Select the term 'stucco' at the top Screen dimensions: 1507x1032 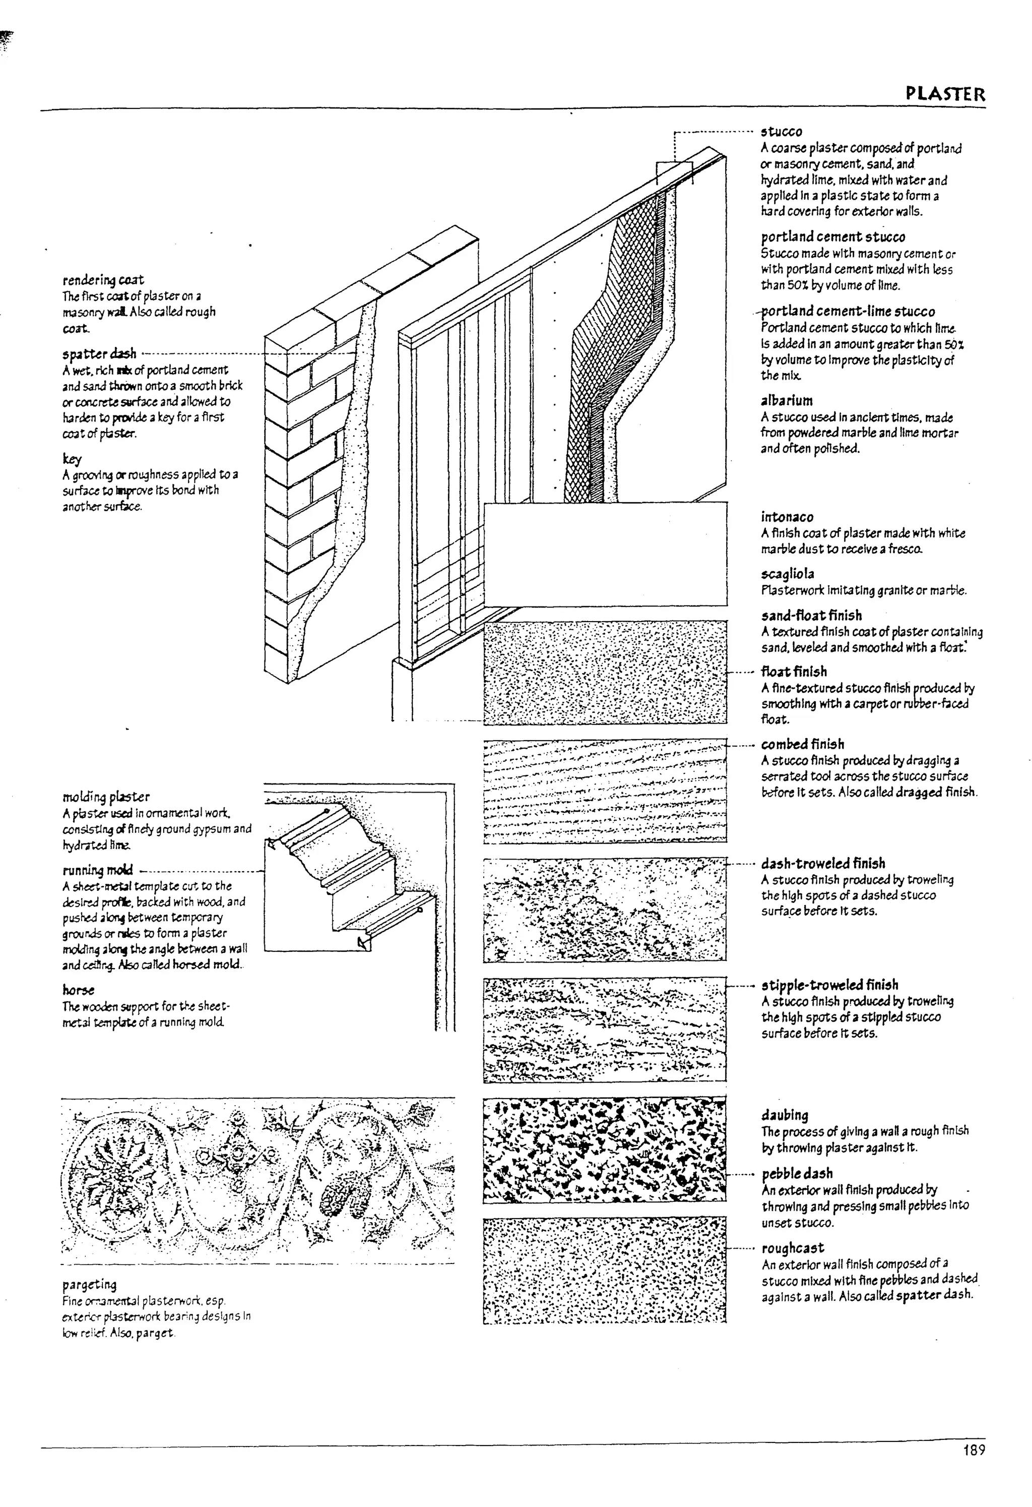click(x=781, y=132)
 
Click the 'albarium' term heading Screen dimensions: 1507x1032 click(x=786, y=401)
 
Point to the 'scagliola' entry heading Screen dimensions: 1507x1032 click(x=787, y=574)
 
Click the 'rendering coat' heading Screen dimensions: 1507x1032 click(x=103, y=280)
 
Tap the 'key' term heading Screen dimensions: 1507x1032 click(x=72, y=459)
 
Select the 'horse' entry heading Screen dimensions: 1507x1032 click(x=79, y=990)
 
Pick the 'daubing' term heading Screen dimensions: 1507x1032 click(x=785, y=1115)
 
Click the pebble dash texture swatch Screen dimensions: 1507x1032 click(x=604, y=1150)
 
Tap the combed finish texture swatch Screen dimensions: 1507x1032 click(x=604, y=791)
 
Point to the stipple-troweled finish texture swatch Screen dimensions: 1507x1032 click(x=604, y=1030)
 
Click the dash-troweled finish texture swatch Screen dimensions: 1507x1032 click(x=604, y=910)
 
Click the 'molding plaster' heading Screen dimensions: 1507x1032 click(x=106, y=797)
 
